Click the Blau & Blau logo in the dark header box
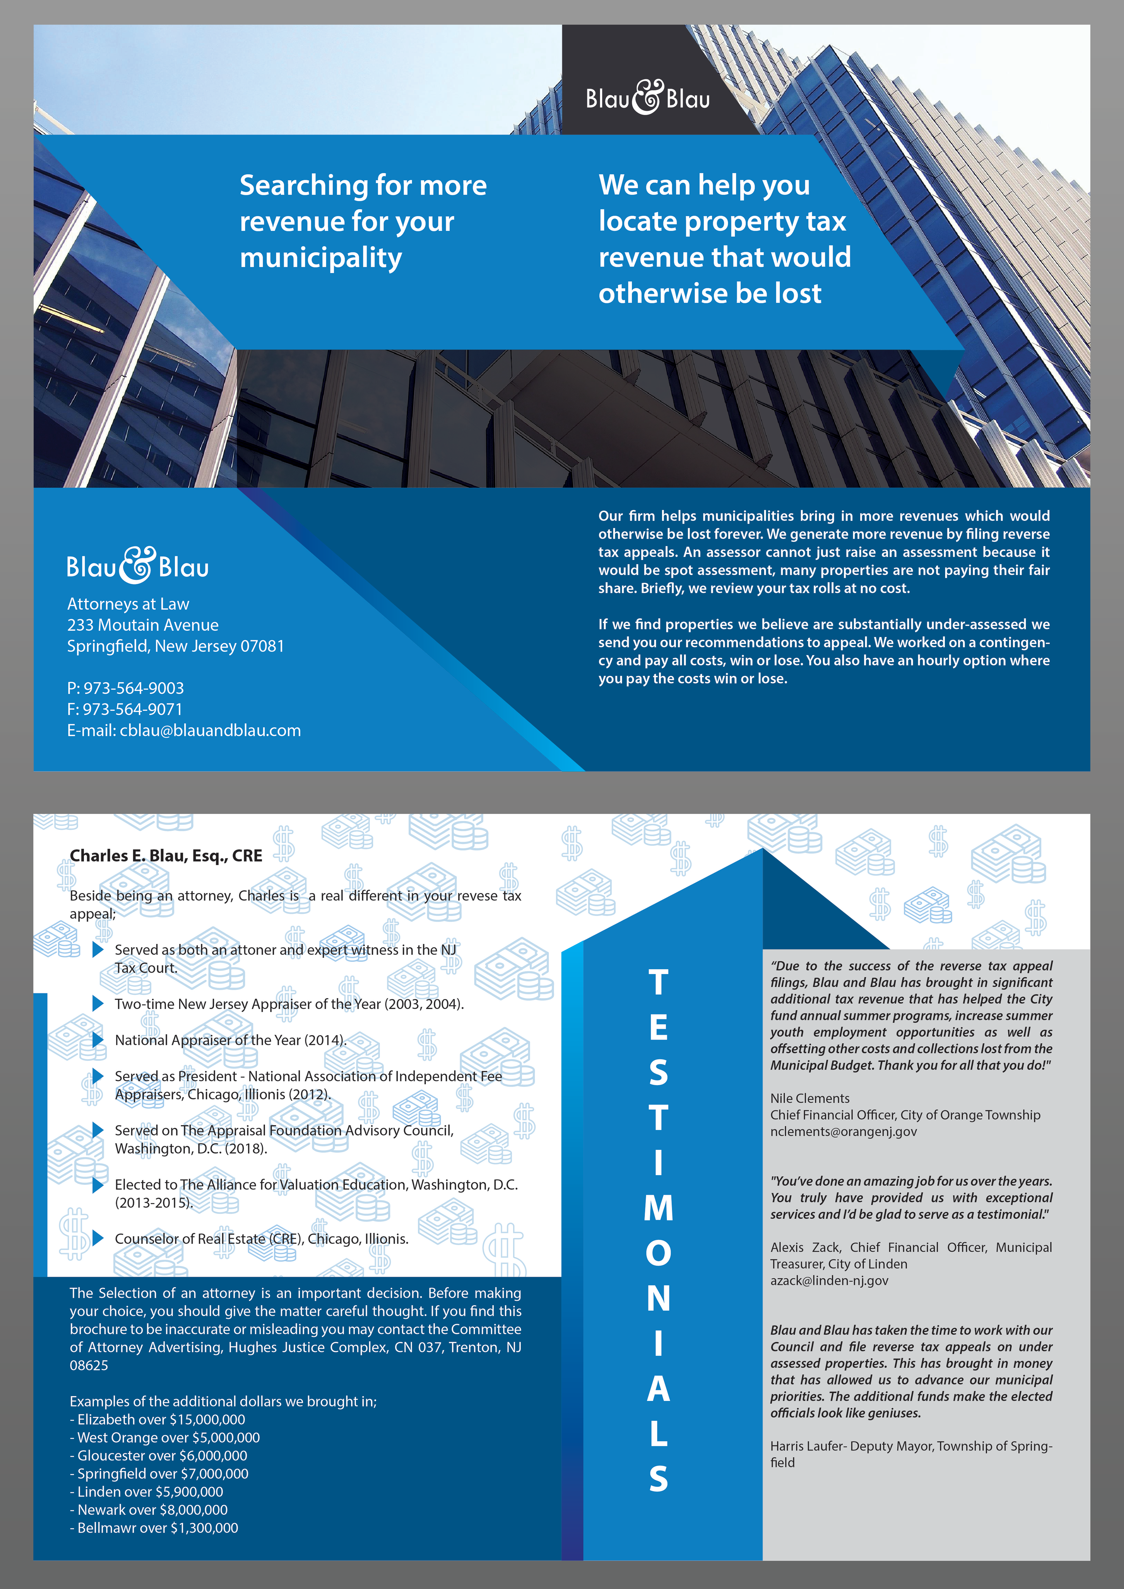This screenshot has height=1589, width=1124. point(648,98)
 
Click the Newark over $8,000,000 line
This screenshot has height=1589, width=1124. point(149,1510)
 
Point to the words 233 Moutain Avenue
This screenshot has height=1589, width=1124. point(143,625)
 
